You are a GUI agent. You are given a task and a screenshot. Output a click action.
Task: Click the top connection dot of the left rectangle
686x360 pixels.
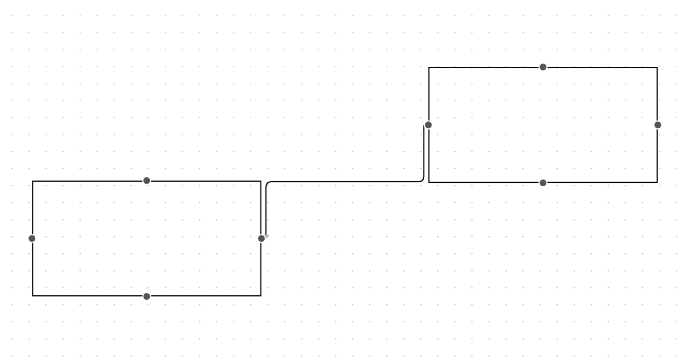point(147,181)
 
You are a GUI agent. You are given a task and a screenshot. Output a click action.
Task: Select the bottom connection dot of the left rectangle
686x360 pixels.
point(147,296)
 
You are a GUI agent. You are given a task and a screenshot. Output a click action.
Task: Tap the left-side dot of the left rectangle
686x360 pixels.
point(32,238)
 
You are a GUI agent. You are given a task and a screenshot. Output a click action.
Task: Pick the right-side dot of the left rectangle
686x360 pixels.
point(261,238)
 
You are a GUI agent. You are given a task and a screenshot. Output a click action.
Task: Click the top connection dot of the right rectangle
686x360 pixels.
point(543,67)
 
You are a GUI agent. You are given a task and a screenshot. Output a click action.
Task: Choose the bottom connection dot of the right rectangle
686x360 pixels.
point(543,183)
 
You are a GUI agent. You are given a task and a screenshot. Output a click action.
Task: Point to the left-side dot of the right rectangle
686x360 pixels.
point(428,125)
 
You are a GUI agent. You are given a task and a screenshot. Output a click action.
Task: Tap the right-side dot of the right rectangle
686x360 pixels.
point(658,125)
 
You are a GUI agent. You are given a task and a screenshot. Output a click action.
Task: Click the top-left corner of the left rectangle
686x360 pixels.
point(32,181)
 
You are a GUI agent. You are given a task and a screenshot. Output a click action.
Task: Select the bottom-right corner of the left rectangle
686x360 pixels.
point(261,296)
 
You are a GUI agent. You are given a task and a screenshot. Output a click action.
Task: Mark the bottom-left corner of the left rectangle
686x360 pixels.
point(32,296)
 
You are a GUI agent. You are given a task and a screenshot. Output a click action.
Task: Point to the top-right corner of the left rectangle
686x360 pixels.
point(261,181)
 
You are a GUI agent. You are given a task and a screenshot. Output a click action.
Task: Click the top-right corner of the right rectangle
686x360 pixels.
point(657,68)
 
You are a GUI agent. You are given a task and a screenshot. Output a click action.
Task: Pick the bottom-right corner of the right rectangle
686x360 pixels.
point(657,182)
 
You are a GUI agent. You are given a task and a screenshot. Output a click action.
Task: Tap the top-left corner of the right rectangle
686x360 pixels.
point(429,68)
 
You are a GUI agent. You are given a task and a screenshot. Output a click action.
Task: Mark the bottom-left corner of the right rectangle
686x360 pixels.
point(429,182)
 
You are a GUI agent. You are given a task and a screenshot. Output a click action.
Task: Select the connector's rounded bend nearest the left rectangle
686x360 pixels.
point(267,183)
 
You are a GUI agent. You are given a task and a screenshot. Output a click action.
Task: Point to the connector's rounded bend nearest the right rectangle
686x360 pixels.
point(422,180)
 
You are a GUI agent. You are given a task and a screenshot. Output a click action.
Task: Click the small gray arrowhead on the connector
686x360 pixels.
point(266,236)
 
